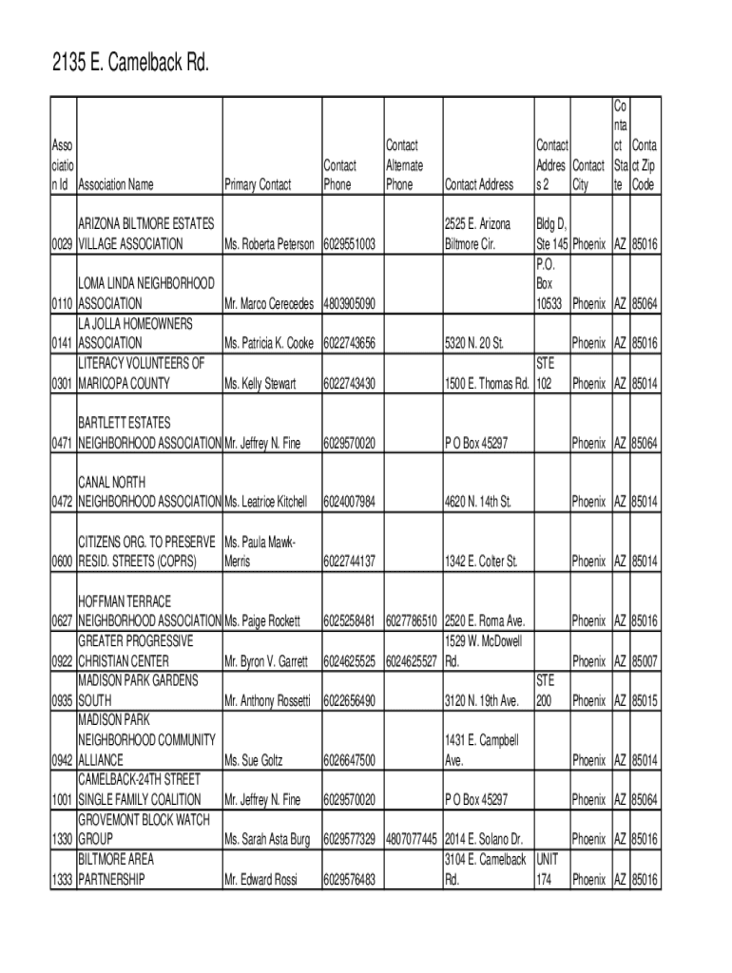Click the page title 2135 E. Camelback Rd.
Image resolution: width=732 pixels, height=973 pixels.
tap(129, 65)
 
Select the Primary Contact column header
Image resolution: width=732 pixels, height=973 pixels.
tap(257, 184)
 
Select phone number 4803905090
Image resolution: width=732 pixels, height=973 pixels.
tap(349, 303)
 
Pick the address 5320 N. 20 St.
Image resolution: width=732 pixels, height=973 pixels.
tap(473, 342)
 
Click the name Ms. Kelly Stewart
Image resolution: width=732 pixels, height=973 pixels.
tap(260, 383)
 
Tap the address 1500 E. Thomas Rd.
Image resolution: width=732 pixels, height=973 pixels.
tap(485, 383)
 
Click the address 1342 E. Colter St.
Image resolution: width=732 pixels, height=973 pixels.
tap(481, 562)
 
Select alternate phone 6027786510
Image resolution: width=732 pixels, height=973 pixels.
tap(411, 621)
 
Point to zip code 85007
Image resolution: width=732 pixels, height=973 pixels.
tap(645, 660)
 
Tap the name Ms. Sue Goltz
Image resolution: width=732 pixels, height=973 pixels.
tap(253, 760)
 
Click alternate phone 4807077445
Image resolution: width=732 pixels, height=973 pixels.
tap(411, 839)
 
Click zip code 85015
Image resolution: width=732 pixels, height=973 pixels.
tap(645, 700)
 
